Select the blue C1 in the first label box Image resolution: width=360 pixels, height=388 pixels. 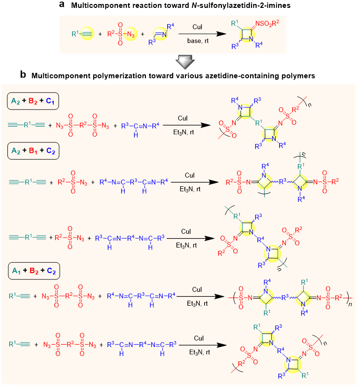pyautogui.click(x=51, y=103)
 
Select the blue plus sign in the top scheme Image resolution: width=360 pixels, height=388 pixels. pyautogui.click(x=143, y=34)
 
